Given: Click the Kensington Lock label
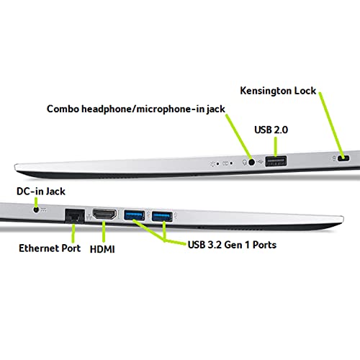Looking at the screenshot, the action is (278, 91).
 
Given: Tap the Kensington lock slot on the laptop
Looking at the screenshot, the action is (343, 158).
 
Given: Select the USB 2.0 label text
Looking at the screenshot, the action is (271, 130).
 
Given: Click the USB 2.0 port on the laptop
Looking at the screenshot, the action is (276, 161).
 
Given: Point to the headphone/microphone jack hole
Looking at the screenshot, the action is (251, 162).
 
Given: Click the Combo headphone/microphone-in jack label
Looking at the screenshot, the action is (136, 109).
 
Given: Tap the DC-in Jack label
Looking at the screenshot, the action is (41, 192).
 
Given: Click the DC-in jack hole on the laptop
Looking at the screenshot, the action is (36, 210).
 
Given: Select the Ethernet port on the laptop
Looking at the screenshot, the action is (75, 217).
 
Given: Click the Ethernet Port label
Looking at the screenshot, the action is (50, 248).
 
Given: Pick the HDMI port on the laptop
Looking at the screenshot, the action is (104, 215).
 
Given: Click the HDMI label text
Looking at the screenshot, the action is (102, 249).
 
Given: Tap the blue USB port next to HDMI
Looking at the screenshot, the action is (134, 215).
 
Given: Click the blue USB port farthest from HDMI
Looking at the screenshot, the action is (162, 216).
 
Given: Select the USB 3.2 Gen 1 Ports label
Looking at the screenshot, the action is (232, 245).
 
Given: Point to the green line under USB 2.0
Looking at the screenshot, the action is (276, 147).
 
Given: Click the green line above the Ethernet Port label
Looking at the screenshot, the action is (73, 233).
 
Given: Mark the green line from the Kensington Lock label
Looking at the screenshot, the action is (331, 124).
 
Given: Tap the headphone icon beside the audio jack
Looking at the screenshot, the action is (245, 163).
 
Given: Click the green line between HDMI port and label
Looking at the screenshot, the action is (104, 231).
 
